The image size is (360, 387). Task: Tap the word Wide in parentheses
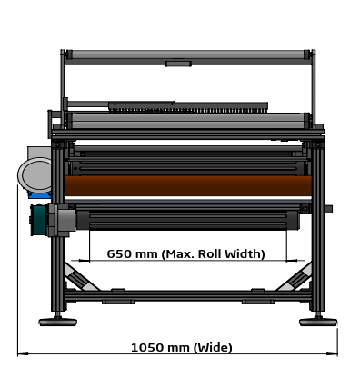click(x=213, y=347)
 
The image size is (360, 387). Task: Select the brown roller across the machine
click(x=188, y=186)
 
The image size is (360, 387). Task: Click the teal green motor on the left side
click(x=39, y=220)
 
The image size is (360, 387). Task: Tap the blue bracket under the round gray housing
click(x=40, y=194)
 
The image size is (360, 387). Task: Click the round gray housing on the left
click(x=35, y=175)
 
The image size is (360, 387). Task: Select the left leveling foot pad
click(x=57, y=322)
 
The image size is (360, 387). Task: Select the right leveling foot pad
click(x=318, y=322)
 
